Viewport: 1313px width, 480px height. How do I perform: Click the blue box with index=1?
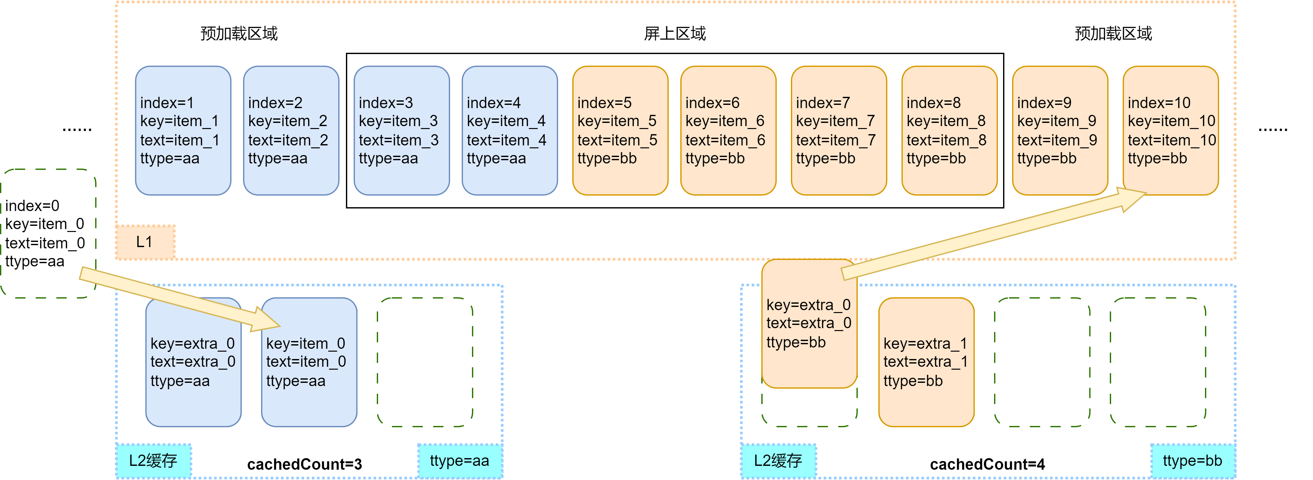pos(183,131)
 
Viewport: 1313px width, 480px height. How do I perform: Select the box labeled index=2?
pos(291,131)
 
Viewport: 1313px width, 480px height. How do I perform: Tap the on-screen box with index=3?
pos(402,131)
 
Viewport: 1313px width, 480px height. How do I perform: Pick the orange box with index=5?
pos(620,131)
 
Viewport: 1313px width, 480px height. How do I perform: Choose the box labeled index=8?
pos(949,131)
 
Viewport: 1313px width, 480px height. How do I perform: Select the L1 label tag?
pos(145,242)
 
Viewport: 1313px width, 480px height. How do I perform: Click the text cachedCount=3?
pos(304,464)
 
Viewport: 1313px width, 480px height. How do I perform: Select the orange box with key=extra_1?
pos(926,362)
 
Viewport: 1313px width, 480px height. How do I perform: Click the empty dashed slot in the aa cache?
pos(425,362)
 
